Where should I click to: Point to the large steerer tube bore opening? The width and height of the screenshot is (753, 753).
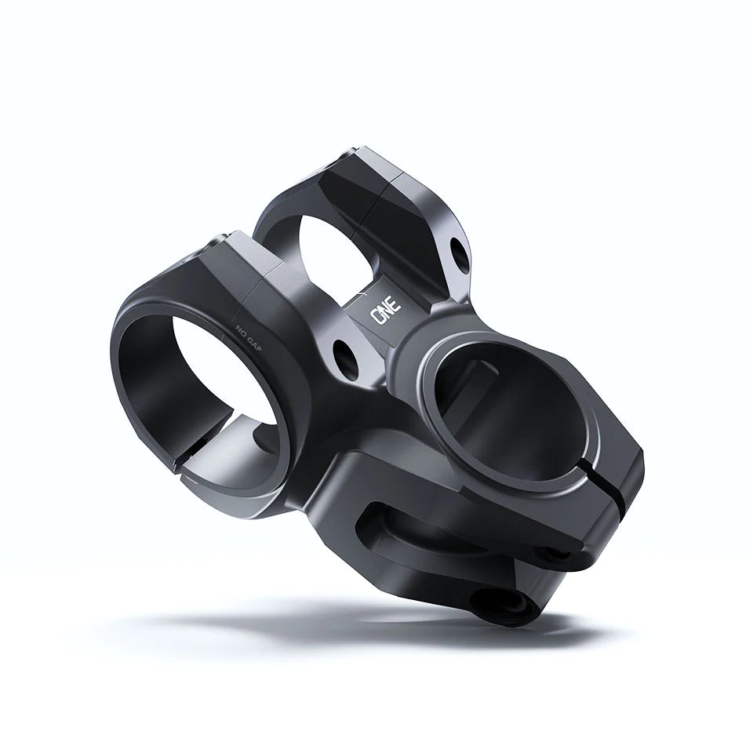point(502,408)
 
